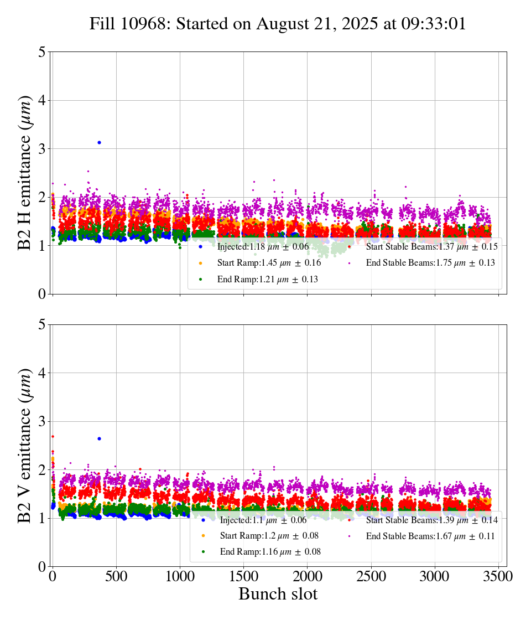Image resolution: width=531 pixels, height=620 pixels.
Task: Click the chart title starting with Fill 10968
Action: coord(278,24)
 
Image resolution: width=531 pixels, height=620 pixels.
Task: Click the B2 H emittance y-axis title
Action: coord(25,172)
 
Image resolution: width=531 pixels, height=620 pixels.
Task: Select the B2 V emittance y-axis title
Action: coord(25,445)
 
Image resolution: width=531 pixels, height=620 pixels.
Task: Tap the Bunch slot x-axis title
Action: coord(278,594)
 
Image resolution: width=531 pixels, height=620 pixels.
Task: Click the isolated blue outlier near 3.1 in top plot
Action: coord(99,142)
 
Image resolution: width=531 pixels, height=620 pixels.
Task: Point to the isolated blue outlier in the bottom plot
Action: coord(99,438)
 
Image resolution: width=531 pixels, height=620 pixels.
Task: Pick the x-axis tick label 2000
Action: coord(307,576)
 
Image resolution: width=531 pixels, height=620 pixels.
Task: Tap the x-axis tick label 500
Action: coord(116,576)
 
